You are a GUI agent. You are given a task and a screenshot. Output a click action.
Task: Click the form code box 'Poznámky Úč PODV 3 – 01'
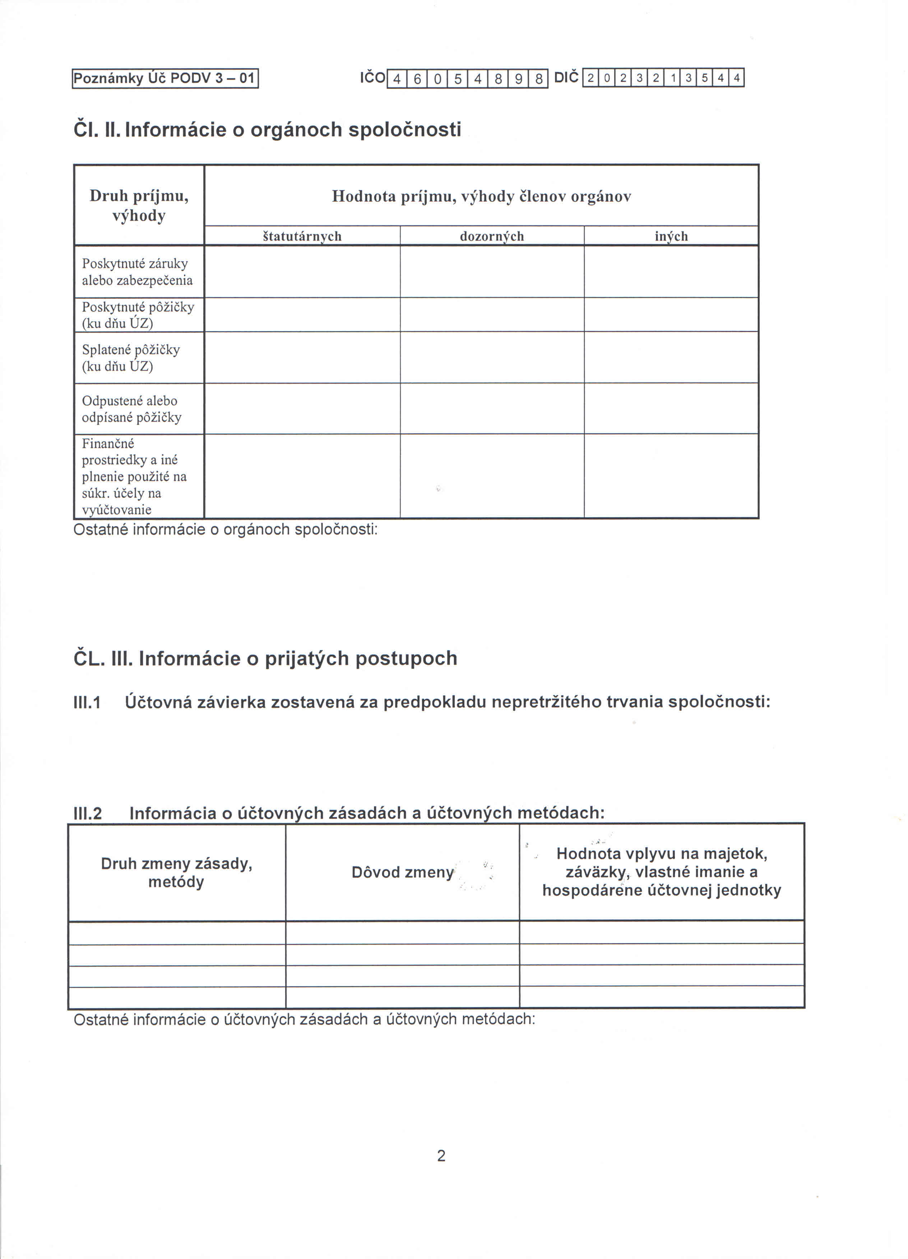pos(165,78)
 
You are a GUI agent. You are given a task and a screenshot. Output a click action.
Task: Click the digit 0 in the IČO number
pos(437,79)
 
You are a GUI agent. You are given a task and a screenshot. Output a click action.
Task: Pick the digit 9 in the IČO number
pos(518,79)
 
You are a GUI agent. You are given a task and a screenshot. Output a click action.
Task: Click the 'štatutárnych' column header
pos(302,236)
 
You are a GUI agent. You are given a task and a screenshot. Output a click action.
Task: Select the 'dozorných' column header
pos(492,236)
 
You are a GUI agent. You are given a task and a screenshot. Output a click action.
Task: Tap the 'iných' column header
pos(671,236)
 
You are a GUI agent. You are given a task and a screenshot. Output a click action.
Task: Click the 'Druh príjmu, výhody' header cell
pos(139,206)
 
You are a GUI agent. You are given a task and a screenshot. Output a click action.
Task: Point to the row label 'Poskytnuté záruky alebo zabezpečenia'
pos(137,272)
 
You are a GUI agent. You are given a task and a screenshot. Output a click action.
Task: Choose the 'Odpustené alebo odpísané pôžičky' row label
pos(131,409)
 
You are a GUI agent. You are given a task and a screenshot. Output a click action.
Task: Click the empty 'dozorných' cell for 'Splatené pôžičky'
pos(492,358)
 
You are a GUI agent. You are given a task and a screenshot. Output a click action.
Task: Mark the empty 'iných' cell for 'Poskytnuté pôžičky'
pos(671,315)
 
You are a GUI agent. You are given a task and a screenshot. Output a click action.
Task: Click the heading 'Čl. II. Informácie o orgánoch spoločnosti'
pos(267,129)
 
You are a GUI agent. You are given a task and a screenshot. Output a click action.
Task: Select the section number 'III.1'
pos(87,703)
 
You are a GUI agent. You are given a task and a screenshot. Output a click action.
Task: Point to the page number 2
pos(441,1156)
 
